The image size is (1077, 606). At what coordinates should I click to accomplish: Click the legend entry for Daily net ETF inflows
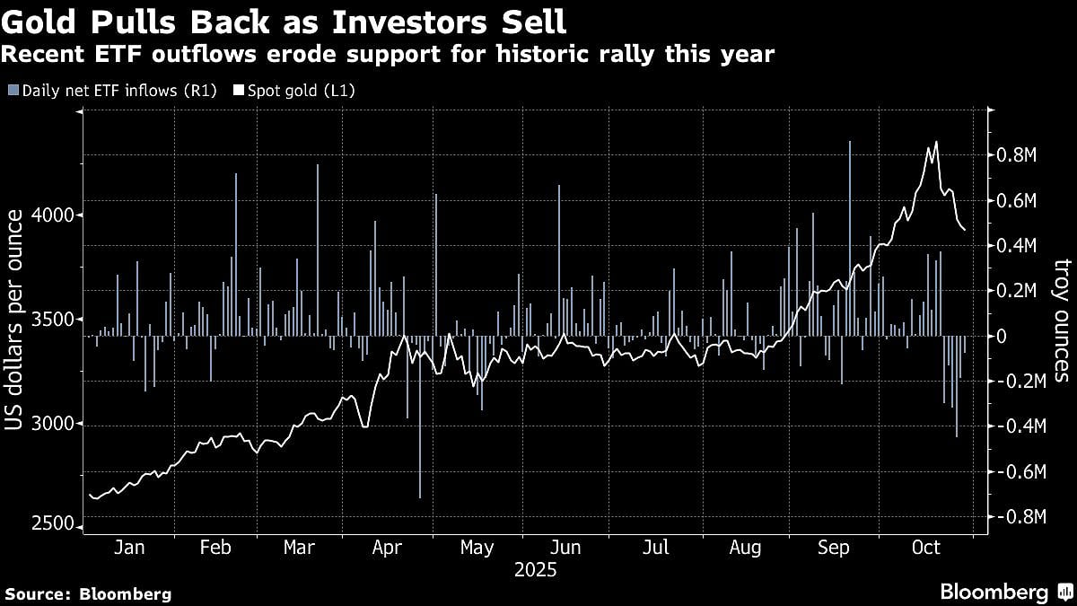point(112,90)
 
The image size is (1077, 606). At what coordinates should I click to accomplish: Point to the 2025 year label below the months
point(535,570)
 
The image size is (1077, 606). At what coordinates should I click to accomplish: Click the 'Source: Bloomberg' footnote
point(88,593)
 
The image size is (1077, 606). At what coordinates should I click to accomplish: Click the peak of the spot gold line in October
point(936,142)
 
